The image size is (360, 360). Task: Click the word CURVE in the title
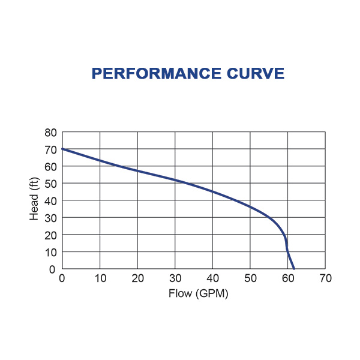[259, 73]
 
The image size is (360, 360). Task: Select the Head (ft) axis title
[34, 200]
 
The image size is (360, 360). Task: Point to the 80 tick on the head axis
[51, 132]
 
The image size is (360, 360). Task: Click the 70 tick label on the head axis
[51, 149]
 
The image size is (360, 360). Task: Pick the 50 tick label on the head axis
[51, 183]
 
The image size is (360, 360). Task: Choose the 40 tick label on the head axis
[51, 200]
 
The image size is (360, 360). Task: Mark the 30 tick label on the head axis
[51, 217]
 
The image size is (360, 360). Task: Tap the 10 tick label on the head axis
[51, 252]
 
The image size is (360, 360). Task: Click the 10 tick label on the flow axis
[100, 278]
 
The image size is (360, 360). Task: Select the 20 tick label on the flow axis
[137, 278]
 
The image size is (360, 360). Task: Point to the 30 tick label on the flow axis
[175, 278]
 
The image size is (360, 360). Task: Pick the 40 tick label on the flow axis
[212, 278]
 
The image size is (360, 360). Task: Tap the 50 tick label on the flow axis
[250, 278]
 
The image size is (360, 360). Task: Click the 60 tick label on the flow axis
[288, 278]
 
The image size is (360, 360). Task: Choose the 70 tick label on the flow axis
[325, 278]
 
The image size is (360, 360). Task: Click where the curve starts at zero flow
[62, 149]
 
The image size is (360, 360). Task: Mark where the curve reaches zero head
[294, 269]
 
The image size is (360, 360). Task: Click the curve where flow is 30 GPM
[175, 180]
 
